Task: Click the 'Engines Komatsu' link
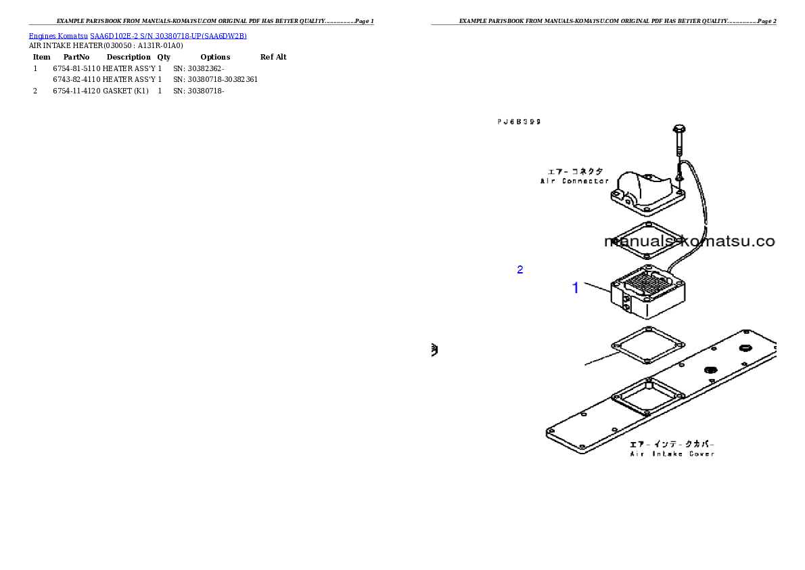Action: coord(58,36)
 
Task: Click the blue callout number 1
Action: coord(576,288)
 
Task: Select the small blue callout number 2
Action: coord(520,269)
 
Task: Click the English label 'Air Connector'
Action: coord(574,181)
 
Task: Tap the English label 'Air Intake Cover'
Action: coord(672,454)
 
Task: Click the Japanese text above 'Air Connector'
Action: coord(575,172)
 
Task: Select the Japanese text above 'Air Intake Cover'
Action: coord(672,444)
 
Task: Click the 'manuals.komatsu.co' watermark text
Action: coord(689,242)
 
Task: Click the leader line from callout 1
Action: coord(597,288)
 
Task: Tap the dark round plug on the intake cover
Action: coord(710,370)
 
